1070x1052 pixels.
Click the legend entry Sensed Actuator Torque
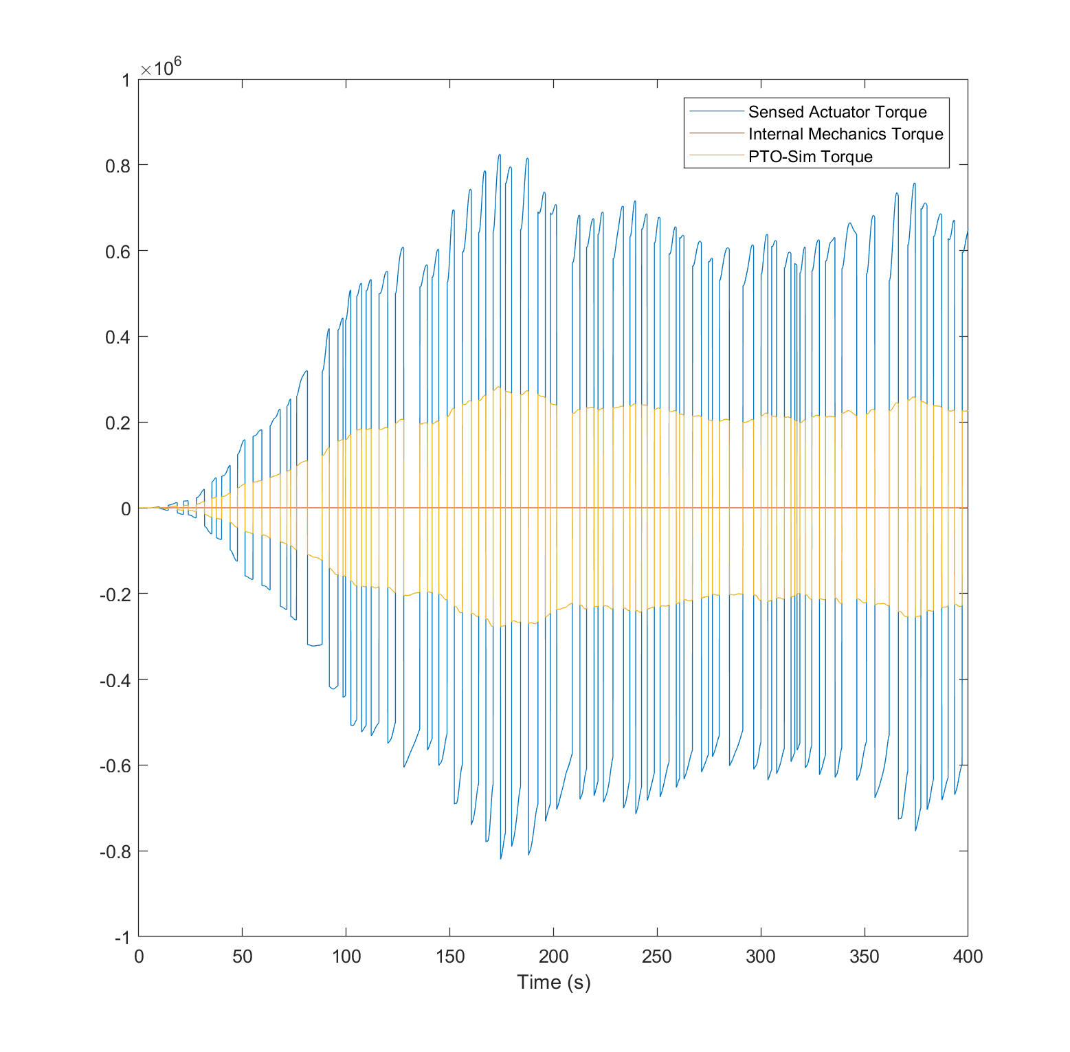point(837,112)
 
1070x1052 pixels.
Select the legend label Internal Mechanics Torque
point(845,134)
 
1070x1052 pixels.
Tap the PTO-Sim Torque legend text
point(810,157)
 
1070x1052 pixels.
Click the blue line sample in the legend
point(716,112)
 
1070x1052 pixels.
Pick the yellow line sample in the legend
point(716,157)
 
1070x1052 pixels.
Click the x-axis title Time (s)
point(553,982)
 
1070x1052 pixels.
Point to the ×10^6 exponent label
point(161,68)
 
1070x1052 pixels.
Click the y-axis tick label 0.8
point(118,165)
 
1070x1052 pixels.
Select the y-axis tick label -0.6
point(115,765)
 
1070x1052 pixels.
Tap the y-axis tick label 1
point(125,80)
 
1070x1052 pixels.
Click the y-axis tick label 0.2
point(118,423)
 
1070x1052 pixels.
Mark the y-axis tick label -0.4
point(115,680)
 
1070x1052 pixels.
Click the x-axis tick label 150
point(449,956)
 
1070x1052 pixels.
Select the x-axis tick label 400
point(968,956)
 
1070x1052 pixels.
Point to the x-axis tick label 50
point(242,956)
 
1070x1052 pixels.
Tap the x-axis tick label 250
point(657,956)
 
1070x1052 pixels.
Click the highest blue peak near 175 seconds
point(500,155)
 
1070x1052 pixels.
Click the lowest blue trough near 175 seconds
point(500,858)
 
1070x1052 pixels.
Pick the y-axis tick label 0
point(125,508)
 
